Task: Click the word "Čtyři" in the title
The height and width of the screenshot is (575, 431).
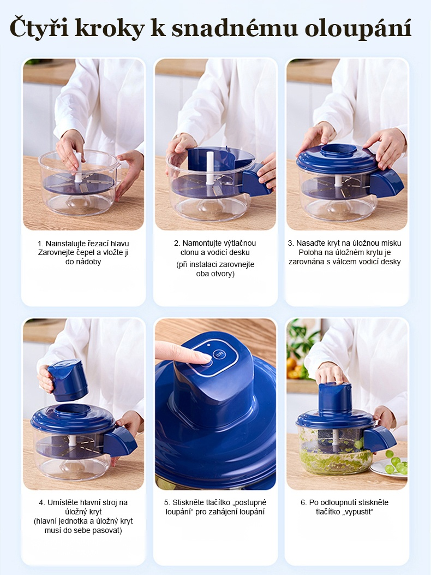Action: pyautogui.click(x=39, y=27)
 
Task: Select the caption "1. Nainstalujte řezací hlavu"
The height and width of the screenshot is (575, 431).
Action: pyautogui.click(x=83, y=244)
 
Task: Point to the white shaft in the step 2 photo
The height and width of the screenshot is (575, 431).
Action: pyautogui.click(x=209, y=168)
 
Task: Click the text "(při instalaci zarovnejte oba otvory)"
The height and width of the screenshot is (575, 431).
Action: pyautogui.click(x=215, y=269)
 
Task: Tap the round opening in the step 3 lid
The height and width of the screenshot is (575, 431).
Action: pyautogui.click(x=339, y=150)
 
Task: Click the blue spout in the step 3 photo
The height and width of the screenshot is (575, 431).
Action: pyautogui.click(x=386, y=183)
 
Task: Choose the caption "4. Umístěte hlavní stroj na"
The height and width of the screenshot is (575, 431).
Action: pyautogui.click(x=83, y=502)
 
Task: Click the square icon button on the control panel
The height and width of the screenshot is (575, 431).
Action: pyautogui.click(x=220, y=354)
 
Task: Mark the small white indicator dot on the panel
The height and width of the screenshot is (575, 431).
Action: pyautogui.click(x=208, y=345)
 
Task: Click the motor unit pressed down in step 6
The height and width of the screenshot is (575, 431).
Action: pyautogui.click(x=334, y=397)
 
